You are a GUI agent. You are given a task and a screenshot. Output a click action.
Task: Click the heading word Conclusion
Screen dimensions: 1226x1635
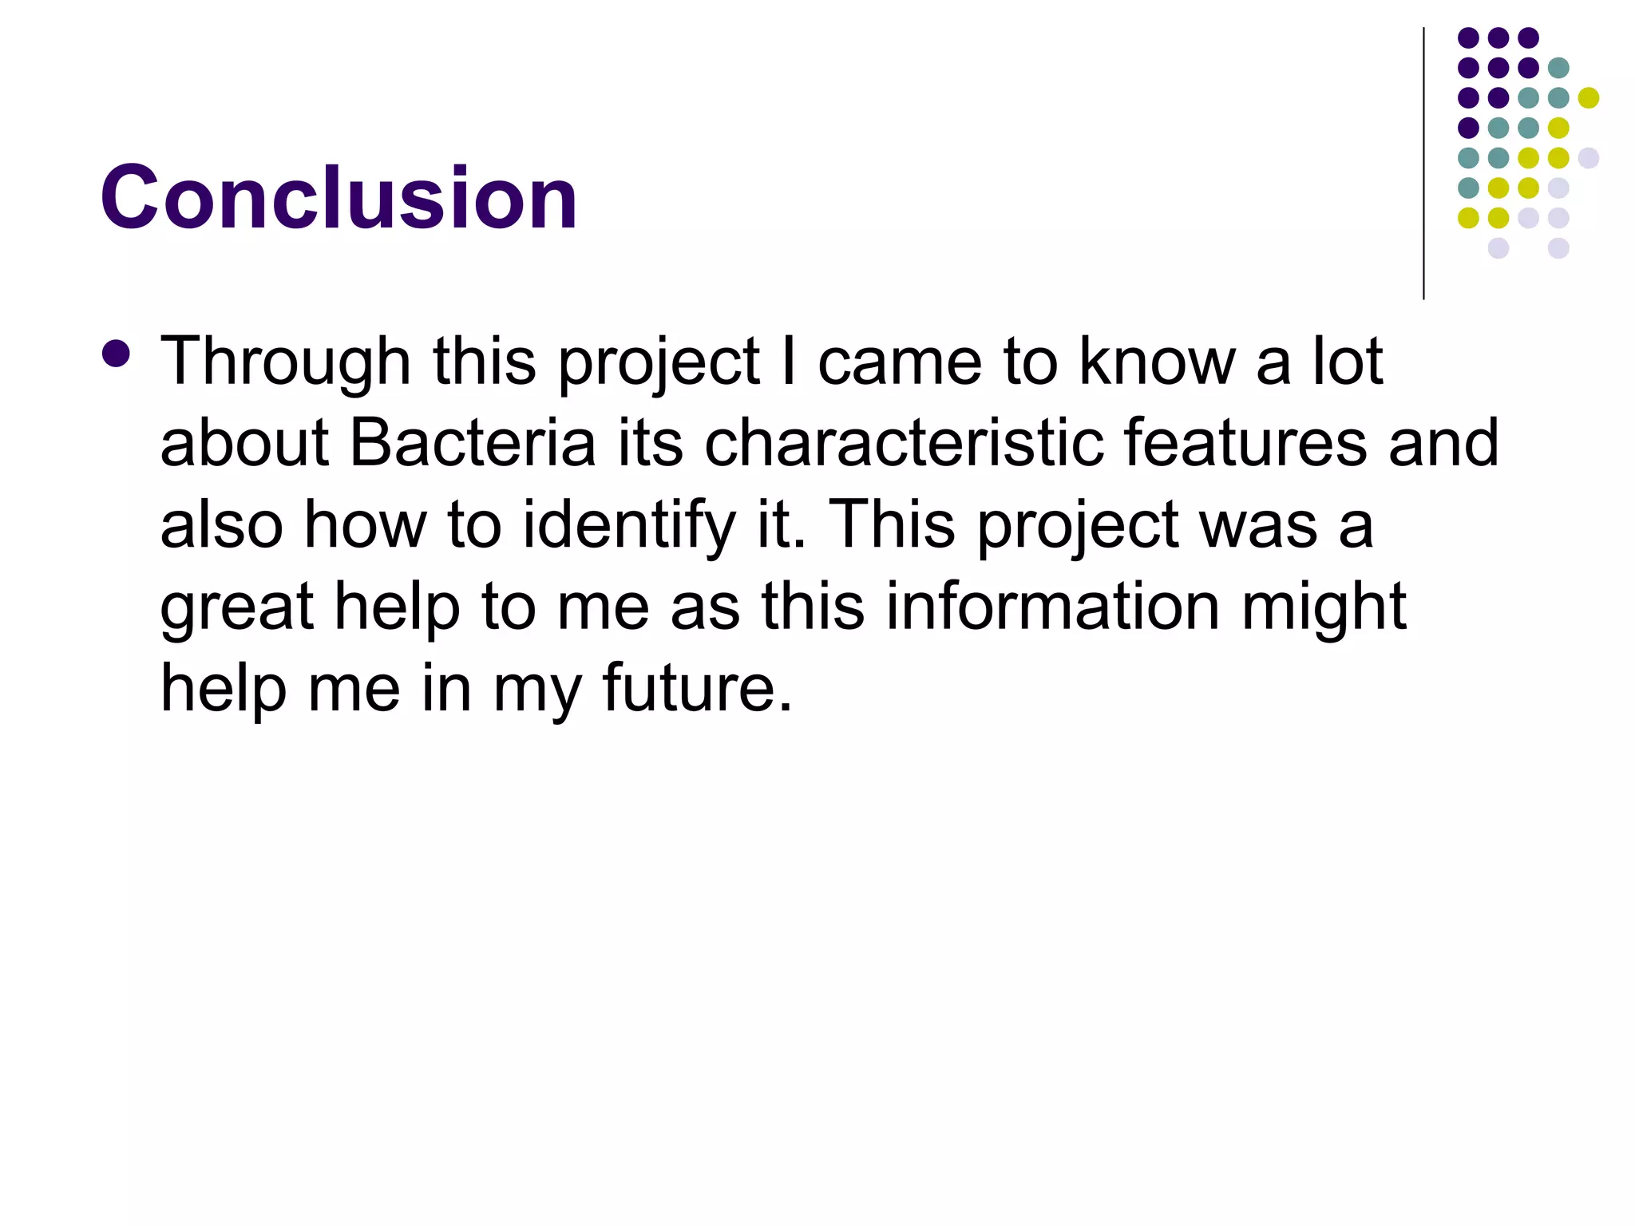[x=338, y=197]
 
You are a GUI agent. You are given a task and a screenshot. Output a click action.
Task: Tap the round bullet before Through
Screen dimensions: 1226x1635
[x=117, y=354]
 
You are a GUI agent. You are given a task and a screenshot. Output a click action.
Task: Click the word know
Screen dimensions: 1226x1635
[x=1157, y=361]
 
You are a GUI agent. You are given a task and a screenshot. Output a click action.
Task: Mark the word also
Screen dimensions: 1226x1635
[x=222, y=525]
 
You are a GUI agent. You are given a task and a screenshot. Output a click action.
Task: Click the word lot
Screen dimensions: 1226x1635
[x=1348, y=361]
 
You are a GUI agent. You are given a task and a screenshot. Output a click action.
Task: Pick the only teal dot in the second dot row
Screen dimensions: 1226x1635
[x=1558, y=68]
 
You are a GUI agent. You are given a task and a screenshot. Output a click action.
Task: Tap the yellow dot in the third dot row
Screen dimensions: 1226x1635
[x=1589, y=97]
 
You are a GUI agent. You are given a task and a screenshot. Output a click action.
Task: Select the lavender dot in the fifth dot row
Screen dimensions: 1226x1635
[x=1589, y=158]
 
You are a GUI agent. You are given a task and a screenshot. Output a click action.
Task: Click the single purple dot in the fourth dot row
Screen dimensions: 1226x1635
[x=1468, y=128]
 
